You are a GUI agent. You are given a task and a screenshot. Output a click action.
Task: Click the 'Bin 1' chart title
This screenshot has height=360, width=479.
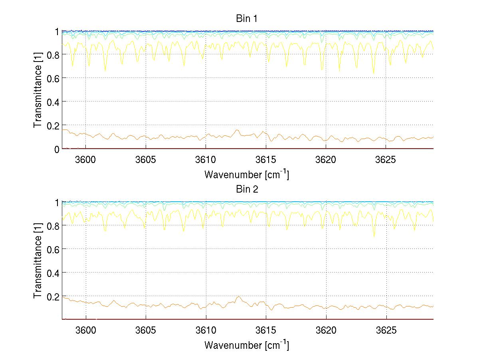point(247,18)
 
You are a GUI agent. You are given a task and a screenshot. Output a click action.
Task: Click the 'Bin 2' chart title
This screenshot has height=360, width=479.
point(247,189)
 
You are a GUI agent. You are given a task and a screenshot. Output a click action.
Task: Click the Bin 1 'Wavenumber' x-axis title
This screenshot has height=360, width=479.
point(247,174)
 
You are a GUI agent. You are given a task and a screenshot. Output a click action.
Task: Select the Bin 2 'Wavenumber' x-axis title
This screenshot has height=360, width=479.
point(247,345)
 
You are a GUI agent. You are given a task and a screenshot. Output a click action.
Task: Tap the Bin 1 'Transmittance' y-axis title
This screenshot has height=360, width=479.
point(38,90)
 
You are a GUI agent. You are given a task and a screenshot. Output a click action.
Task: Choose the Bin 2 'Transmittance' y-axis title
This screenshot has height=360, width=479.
point(38,261)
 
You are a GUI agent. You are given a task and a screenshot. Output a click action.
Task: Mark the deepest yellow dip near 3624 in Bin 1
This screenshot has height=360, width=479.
point(374,74)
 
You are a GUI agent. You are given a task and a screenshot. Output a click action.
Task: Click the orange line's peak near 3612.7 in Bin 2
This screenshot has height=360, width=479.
point(238,296)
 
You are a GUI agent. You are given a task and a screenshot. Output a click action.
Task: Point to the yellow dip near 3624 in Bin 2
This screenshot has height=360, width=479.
point(374,236)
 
